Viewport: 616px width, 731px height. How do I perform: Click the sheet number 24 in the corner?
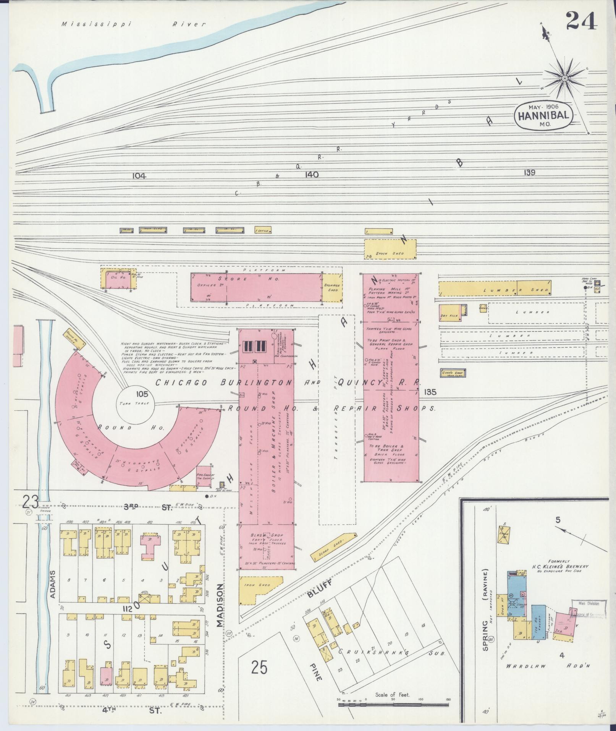click(x=581, y=21)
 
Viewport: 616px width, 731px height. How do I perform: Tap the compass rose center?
click(x=564, y=78)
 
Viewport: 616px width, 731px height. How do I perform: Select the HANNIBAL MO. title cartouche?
click(x=544, y=115)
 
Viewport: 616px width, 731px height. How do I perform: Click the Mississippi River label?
click(x=134, y=24)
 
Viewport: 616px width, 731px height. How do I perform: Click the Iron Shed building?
click(x=258, y=595)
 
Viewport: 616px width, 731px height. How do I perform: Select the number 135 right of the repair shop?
click(x=430, y=392)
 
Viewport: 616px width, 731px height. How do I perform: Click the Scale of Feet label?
click(x=392, y=695)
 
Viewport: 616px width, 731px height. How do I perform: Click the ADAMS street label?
click(x=53, y=585)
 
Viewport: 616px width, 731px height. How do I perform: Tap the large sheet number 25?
click(x=259, y=668)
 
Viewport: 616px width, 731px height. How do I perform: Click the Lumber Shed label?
click(x=516, y=290)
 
